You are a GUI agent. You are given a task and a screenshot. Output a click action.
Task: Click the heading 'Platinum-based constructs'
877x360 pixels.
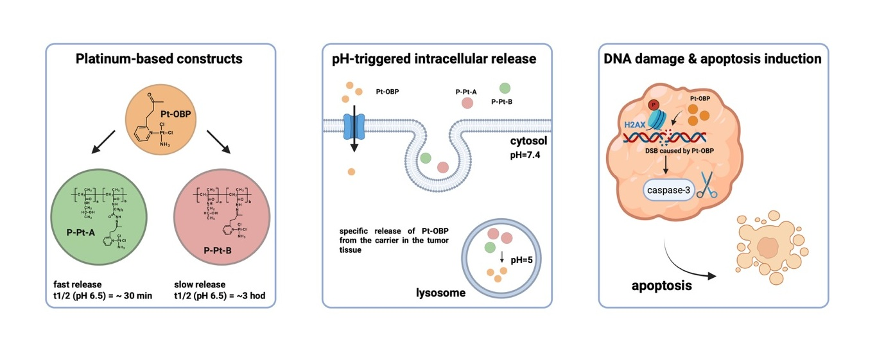click(159, 59)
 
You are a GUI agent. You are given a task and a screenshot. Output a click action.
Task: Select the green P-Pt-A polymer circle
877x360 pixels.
click(101, 216)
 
